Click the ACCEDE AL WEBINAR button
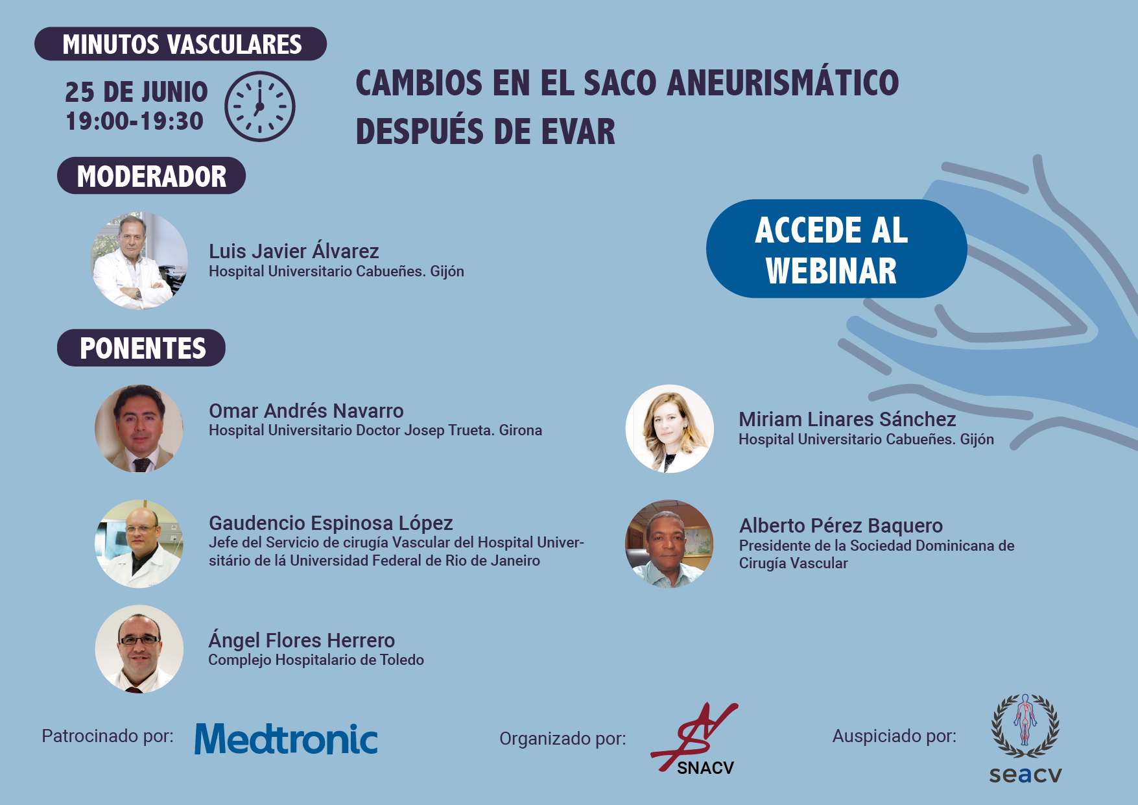[x=836, y=248]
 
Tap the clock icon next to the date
[x=260, y=106]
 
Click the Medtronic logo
[x=286, y=739]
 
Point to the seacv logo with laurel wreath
[x=1025, y=739]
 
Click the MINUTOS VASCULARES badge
[x=180, y=44]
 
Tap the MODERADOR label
[x=151, y=176]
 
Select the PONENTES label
[x=141, y=348]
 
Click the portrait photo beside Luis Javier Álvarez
[x=139, y=261]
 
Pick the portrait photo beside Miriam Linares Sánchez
[x=670, y=429]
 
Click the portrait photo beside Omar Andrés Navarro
[x=139, y=429]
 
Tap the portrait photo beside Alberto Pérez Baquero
[x=669, y=544]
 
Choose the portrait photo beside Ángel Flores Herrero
[x=139, y=649]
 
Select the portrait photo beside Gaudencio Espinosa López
[x=139, y=544]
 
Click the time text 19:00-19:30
[x=135, y=121]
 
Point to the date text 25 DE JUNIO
[x=136, y=92]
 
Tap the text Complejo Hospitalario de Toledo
[x=316, y=660]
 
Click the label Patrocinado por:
[x=108, y=736]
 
